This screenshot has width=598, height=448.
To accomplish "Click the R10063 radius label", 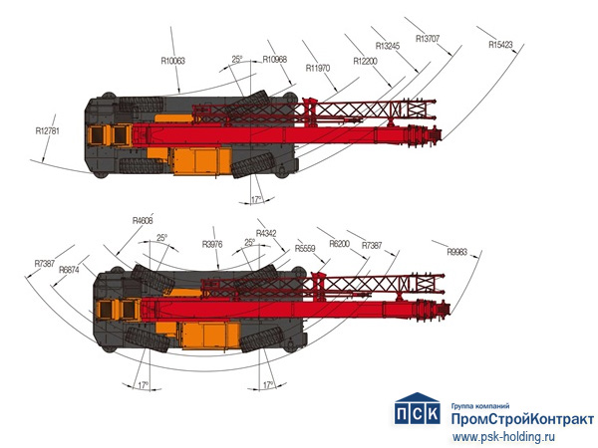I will pos(172,61).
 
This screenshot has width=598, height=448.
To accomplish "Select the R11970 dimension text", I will pos(318,67).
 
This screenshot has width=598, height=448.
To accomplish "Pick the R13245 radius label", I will pos(389,46).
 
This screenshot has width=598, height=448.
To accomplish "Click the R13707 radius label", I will pos(429,39).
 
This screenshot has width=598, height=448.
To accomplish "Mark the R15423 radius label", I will pos(501,45).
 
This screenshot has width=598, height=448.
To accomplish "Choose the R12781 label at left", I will pos(49,129).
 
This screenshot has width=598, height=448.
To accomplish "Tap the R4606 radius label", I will pos(144,220).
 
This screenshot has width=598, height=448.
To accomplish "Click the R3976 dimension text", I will pos(212,244).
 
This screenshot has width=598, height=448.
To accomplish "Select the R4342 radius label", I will pos(268,233).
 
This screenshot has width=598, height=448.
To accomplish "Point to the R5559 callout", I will pos(306,249).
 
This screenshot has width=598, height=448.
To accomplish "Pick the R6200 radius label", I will pos(339,244).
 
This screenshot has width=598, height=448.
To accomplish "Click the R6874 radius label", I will pos(69,270).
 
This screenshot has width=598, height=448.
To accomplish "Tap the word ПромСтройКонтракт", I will pos(522,419).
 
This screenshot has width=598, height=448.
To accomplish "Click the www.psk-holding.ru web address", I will pos(506,435).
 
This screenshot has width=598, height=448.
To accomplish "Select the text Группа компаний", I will pos(481,405).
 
